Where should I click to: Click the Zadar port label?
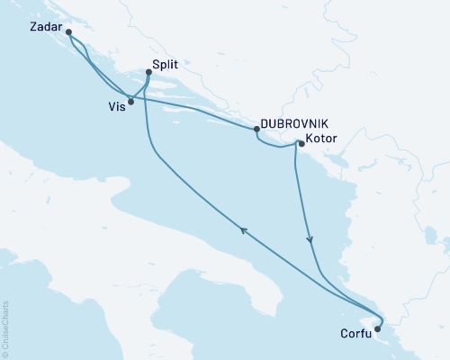[x=45, y=28]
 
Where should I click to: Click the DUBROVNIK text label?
[x=290, y=126]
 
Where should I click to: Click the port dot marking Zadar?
[x=69, y=32]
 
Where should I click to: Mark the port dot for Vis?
[x=131, y=102]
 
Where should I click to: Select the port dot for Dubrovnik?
[x=256, y=130]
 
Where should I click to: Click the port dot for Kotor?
[x=301, y=142]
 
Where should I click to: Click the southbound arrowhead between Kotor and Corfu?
[x=311, y=239]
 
